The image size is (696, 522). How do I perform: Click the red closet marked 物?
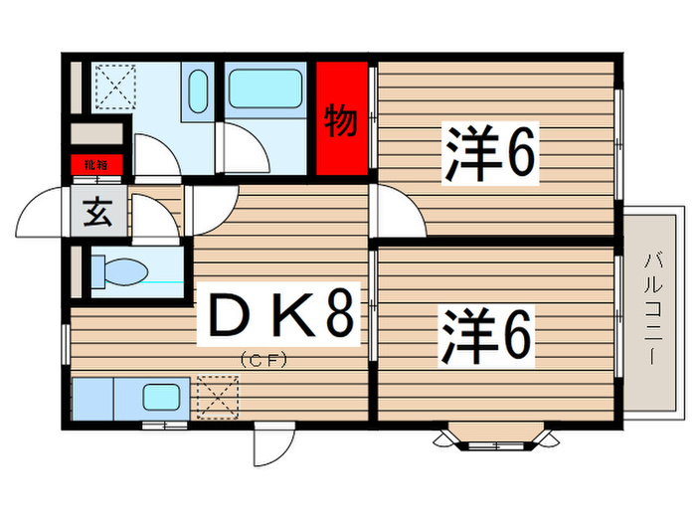pos(340,120)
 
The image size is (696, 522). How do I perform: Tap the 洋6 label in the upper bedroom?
pos(491,152)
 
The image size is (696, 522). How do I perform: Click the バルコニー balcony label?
pos(653,308)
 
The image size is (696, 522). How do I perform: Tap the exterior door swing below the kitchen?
pos(272,442)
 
